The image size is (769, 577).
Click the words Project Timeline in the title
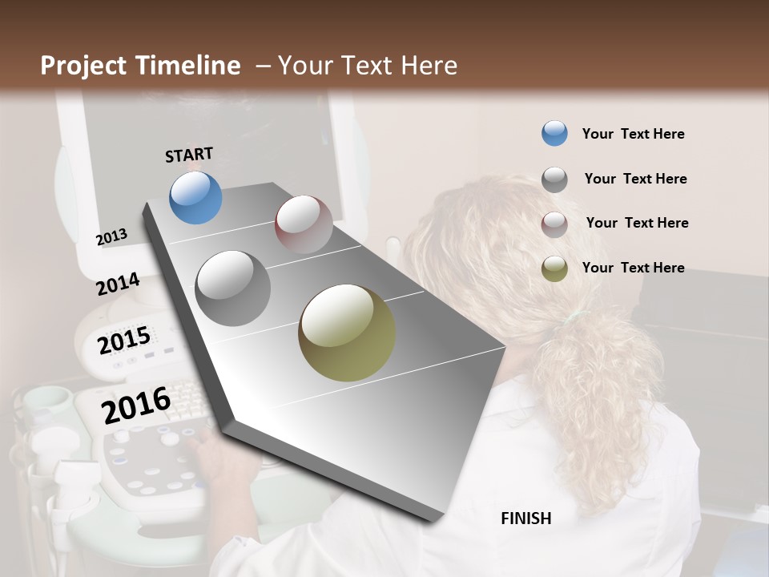[140, 66]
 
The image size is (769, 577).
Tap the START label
[189, 155]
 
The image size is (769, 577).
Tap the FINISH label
[526, 518]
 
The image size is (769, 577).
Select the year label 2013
[111, 237]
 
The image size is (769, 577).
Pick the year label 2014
[118, 284]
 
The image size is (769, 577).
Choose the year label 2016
[136, 406]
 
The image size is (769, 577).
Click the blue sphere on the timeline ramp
[195, 197]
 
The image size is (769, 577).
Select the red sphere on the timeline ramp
[304, 224]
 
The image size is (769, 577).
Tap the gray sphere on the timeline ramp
[233, 288]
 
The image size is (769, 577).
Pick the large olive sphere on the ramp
[347, 333]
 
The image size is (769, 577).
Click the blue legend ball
[554, 133]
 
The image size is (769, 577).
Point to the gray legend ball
[554, 179]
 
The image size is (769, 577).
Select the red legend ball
[554, 224]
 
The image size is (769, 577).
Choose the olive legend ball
[554, 268]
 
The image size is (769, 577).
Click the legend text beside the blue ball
[634, 134]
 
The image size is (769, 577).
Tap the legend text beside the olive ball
[634, 268]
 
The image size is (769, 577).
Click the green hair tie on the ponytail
[571, 319]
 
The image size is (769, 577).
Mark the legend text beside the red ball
[637, 223]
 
